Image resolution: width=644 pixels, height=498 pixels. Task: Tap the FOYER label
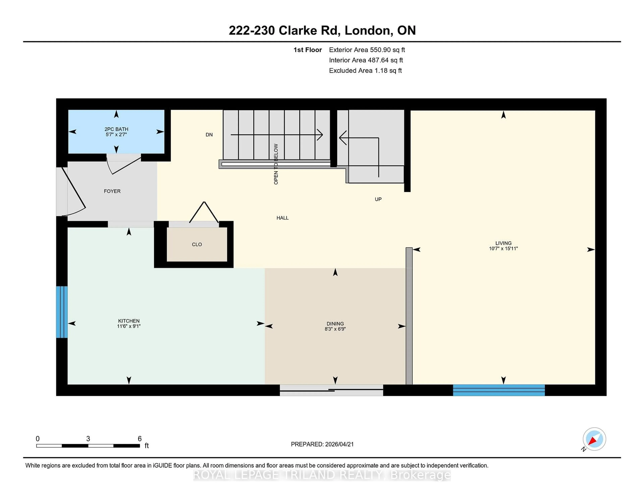[x=112, y=191]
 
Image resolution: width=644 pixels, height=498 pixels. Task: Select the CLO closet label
[x=197, y=244]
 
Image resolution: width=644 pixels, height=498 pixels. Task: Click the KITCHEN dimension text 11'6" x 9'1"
[x=129, y=326]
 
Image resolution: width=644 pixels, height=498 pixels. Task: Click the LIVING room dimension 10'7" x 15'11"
[x=503, y=248]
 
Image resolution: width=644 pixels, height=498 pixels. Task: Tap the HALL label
[x=282, y=218]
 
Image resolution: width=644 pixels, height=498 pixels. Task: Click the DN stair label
[x=209, y=135]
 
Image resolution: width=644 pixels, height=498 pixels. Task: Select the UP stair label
[x=378, y=199]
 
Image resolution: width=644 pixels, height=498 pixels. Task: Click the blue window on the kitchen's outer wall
[x=62, y=312]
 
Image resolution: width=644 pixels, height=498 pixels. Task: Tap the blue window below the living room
[x=499, y=390]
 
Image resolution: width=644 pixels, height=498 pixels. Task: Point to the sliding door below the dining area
[x=331, y=390]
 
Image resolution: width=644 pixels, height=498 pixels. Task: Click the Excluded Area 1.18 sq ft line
[x=365, y=70]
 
